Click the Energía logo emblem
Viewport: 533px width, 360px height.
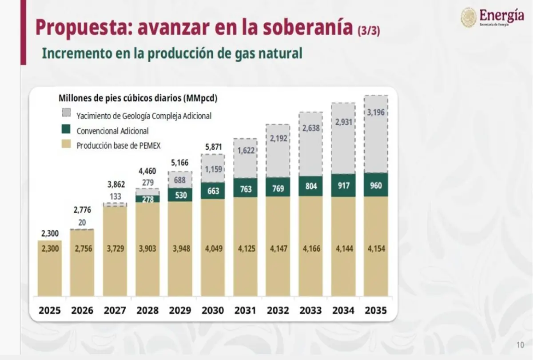pyautogui.click(x=469, y=17)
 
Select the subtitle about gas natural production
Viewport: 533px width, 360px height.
pyautogui.click(x=172, y=53)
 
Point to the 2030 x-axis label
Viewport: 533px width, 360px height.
pyautogui.click(x=212, y=310)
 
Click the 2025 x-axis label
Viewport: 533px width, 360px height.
pyautogui.click(x=49, y=310)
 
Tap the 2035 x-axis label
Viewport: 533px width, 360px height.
pyautogui.click(x=376, y=310)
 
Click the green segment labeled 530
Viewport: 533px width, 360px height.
pyautogui.click(x=180, y=194)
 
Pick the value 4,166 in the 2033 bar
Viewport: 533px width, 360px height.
pyautogui.click(x=310, y=248)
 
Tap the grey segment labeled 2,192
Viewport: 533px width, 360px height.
pyautogui.click(x=278, y=138)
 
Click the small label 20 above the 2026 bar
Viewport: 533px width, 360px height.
pyautogui.click(x=82, y=222)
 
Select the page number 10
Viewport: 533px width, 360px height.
pyautogui.click(x=520, y=345)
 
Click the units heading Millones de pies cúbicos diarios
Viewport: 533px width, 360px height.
pyautogui.click(x=138, y=98)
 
